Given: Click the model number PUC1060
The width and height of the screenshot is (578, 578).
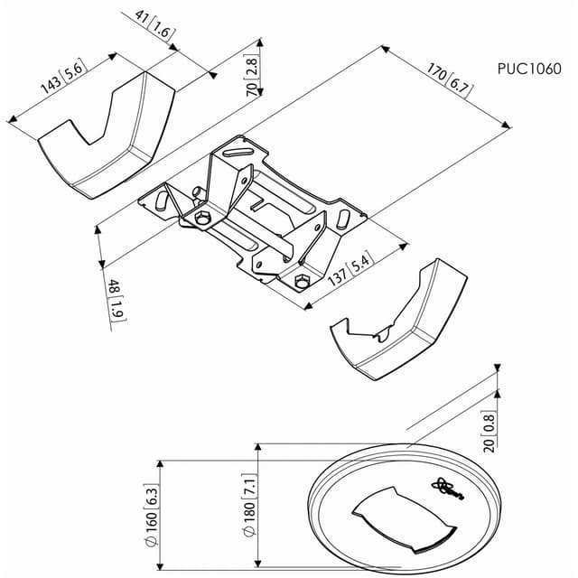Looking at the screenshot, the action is click(x=529, y=69).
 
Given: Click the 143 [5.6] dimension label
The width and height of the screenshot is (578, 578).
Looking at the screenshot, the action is click(x=64, y=76).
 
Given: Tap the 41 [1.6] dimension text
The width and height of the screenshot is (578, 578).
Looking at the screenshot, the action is click(x=154, y=25).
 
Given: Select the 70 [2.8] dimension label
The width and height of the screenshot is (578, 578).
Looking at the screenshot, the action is click(x=252, y=76).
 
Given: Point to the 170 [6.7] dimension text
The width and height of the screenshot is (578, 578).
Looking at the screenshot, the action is click(x=450, y=80).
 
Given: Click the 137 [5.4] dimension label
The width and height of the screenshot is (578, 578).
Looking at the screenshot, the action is click(x=350, y=268).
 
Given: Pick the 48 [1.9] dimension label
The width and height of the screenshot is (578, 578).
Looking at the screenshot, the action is click(x=117, y=300).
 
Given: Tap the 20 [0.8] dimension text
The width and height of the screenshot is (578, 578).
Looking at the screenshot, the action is click(x=489, y=432).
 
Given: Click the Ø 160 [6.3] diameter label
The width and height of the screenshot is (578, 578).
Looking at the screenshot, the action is click(x=151, y=515).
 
